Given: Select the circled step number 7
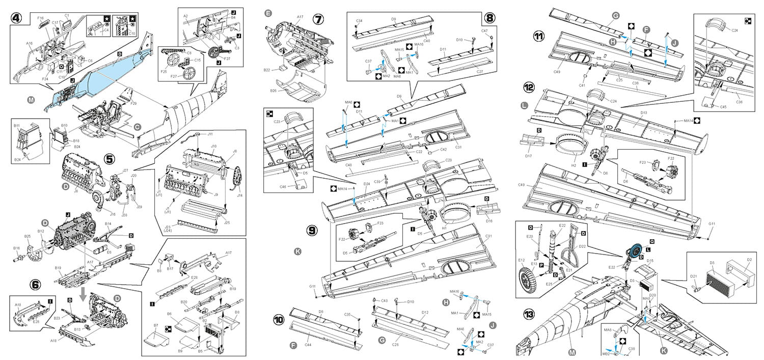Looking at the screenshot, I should tap(318, 19).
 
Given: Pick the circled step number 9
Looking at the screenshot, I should tap(312, 230).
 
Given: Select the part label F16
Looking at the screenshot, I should tap(41, 18).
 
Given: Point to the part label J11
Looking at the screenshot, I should tap(210, 134).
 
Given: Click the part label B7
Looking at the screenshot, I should tap(155, 324).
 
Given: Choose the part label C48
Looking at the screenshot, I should tap(349, 165).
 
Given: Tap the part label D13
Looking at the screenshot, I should tap(644, 113).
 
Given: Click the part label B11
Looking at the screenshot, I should tap(17, 124).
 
